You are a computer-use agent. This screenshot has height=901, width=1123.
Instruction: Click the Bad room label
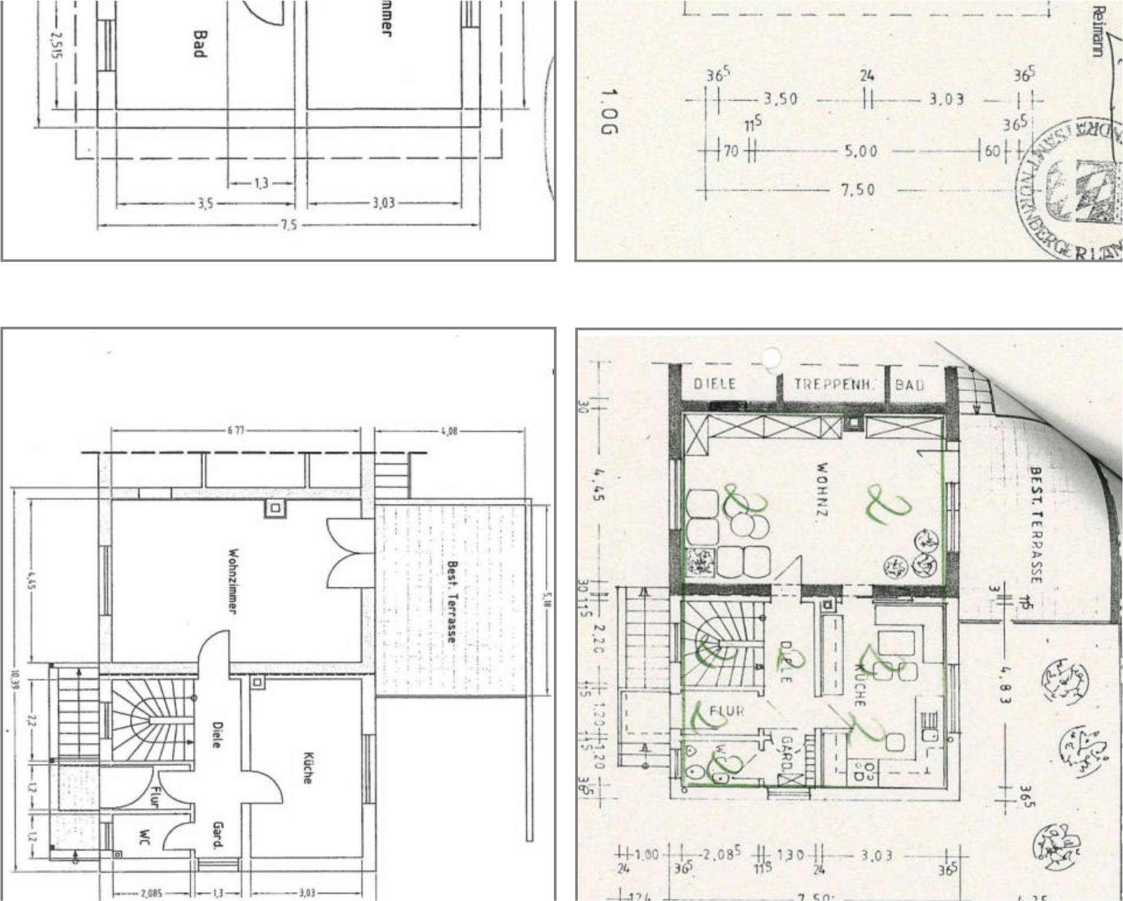pyautogui.click(x=199, y=44)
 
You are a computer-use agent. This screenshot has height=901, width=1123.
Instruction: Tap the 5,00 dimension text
pyautogui.click(x=861, y=152)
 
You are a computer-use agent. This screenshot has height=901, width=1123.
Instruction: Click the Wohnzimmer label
pyautogui.click(x=233, y=580)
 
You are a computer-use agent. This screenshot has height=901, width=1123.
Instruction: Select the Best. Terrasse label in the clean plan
pyautogui.click(x=452, y=601)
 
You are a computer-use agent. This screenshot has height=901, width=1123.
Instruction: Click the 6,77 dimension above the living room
pyautogui.click(x=236, y=431)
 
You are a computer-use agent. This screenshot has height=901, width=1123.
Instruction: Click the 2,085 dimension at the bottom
pyautogui.click(x=152, y=893)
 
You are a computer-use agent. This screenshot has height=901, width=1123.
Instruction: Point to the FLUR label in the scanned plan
pyautogui.click(x=727, y=711)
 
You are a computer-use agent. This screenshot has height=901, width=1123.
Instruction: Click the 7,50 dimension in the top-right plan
pyautogui.click(x=858, y=190)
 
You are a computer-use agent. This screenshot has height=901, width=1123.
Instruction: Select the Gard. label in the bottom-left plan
pyautogui.click(x=218, y=835)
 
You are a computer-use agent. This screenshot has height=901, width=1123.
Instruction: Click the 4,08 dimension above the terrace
pyautogui.click(x=449, y=431)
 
